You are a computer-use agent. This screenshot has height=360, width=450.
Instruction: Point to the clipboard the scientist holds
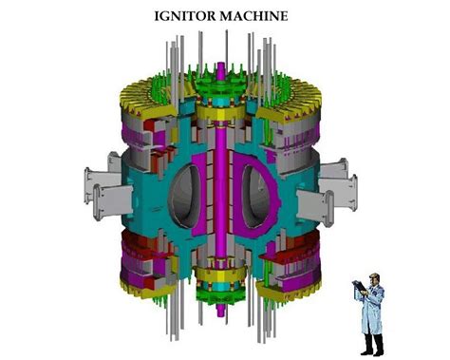pos(358,285)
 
